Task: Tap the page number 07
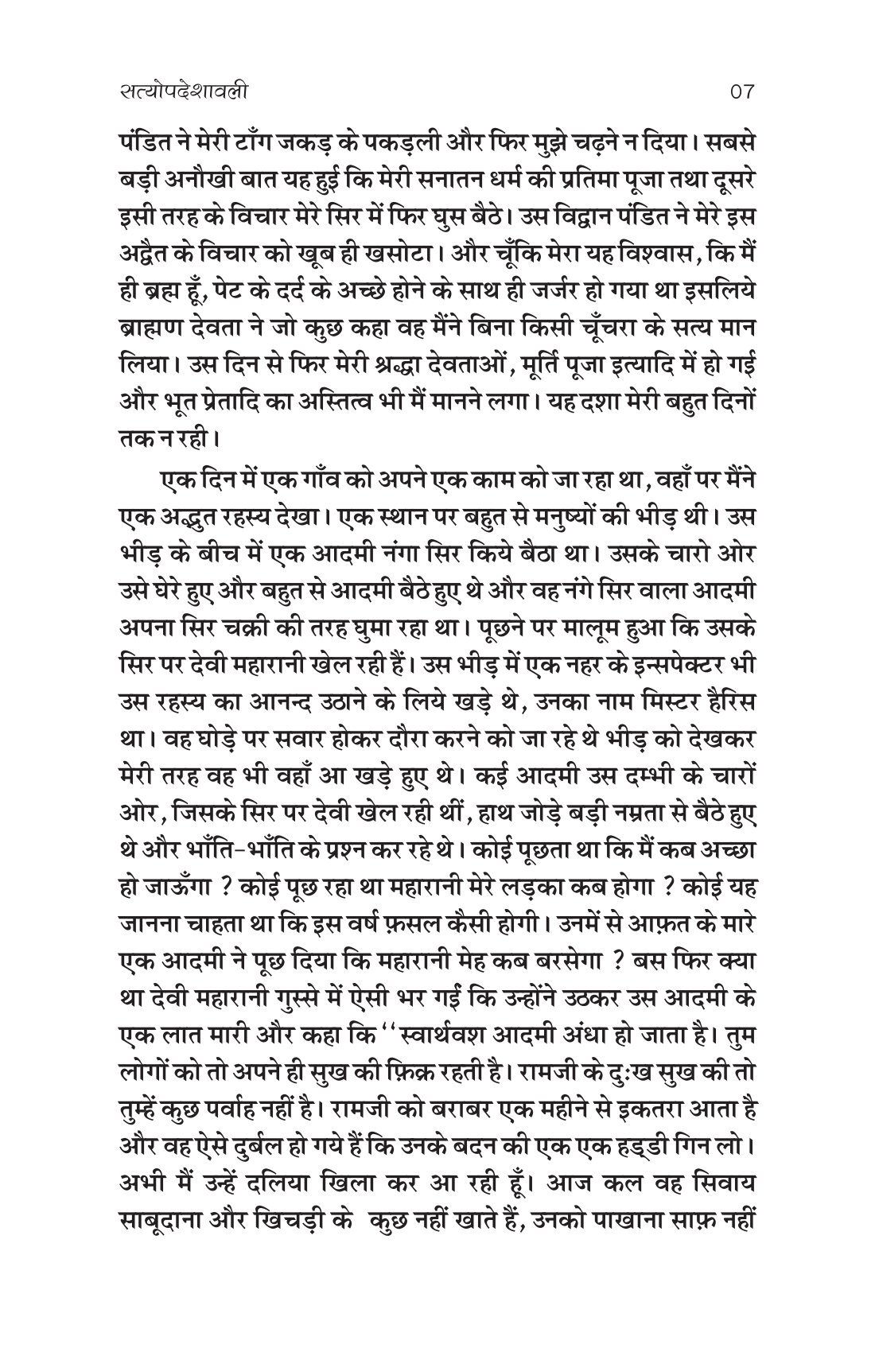[x=740, y=92]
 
